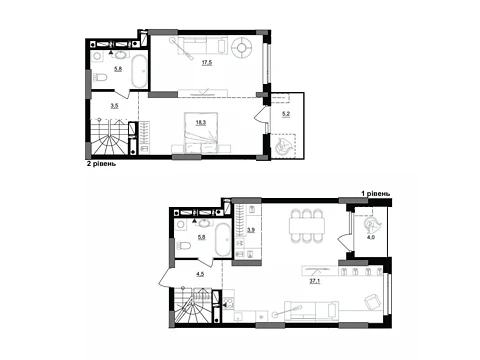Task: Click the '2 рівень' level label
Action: [101, 164]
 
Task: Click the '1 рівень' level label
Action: [376, 193]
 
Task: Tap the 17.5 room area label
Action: [207, 62]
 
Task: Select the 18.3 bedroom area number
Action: [201, 122]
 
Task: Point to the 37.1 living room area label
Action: [315, 281]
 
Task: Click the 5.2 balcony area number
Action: [286, 114]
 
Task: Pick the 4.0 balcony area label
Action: [371, 237]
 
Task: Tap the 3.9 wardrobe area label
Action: [251, 230]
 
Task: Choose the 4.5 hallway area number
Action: [200, 275]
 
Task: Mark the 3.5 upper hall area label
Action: [114, 106]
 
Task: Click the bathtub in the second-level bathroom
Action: [139, 71]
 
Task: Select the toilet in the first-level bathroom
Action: [183, 246]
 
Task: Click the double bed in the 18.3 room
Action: [201, 133]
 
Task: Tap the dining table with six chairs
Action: [307, 226]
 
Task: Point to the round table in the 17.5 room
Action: [242, 47]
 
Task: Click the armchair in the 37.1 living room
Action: [372, 302]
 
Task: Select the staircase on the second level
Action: [110, 137]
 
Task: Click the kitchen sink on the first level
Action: [240, 316]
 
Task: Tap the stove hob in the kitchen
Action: [229, 303]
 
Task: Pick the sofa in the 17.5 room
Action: [202, 45]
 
